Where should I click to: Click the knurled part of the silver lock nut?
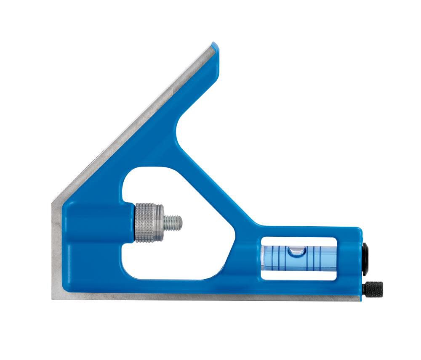coord(145,224)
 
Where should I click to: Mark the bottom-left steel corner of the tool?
coord(53,297)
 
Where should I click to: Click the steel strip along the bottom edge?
coord(202,297)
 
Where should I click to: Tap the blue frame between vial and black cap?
coord(349,257)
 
